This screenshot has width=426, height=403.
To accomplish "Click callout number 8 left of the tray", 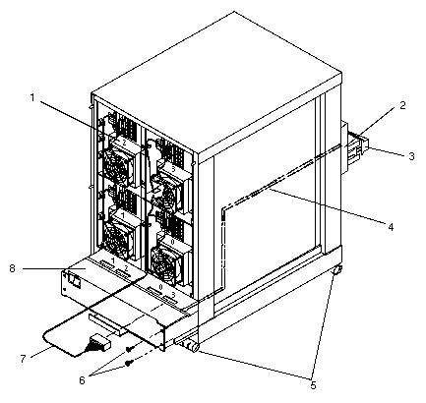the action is [x=13, y=269].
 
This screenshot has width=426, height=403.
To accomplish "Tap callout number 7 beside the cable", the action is [x=23, y=358].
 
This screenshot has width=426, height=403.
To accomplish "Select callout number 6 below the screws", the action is [x=82, y=380].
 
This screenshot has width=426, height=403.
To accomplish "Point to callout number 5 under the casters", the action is [x=313, y=385].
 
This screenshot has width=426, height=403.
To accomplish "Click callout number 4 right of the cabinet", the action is [x=391, y=227].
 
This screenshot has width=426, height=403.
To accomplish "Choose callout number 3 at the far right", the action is [x=411, y=156].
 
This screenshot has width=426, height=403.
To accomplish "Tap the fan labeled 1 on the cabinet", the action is [x=119, y=234].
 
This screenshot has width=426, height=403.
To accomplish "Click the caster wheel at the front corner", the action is [x=194, y=347].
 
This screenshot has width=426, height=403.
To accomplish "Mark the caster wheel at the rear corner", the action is [x=337, y=270].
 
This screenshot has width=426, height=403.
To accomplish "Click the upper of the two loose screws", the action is [x=129, y=350].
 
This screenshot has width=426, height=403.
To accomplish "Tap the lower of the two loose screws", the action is [x=131, y=362].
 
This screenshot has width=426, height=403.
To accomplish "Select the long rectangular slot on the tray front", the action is [x=105, y=324].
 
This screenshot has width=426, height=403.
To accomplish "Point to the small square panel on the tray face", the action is [x=74, y=280].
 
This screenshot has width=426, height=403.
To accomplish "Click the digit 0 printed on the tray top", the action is [x=160, y=286].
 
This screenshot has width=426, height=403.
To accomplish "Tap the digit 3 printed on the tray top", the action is [x=174, y=294].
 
